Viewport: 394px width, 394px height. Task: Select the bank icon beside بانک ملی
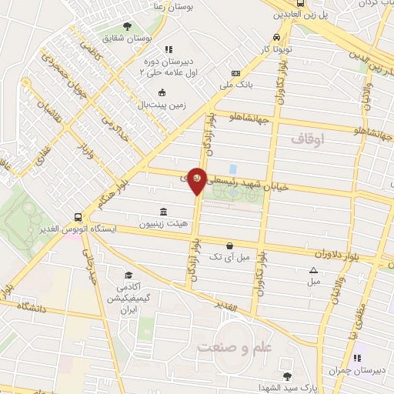point(235,74)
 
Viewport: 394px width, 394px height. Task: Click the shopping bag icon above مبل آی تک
point(229,245)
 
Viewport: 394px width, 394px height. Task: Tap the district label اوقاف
point(310,139)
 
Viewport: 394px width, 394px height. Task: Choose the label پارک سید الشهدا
point(287,387)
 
